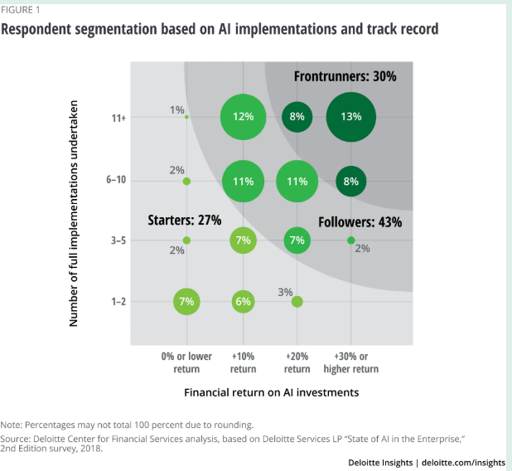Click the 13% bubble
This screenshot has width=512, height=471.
click(x=350, y=117)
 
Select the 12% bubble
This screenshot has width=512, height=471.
click(x=243, y=117)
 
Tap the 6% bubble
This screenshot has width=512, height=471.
click(x=243, y=302)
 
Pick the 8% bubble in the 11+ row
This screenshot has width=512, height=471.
click(x=297, y=117)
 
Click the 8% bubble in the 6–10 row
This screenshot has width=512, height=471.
click(x=350, y=181)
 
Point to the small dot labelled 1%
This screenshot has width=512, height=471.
click(x=187, y=117)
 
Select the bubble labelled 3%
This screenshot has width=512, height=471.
click(x=297, y=302)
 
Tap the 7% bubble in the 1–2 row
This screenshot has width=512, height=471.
click(x=187, y=302)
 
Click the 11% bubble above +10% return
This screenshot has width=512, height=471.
click(x=243, y=181)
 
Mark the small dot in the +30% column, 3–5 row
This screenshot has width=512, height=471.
click(x=350, y=240)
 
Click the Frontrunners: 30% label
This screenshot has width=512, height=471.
click(x=345, y=76)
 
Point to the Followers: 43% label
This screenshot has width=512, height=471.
click(x=360, y=221)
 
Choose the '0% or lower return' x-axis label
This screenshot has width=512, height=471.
click(x=186, y=362)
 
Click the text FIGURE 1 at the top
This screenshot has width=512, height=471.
click(x=23, y=10)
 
